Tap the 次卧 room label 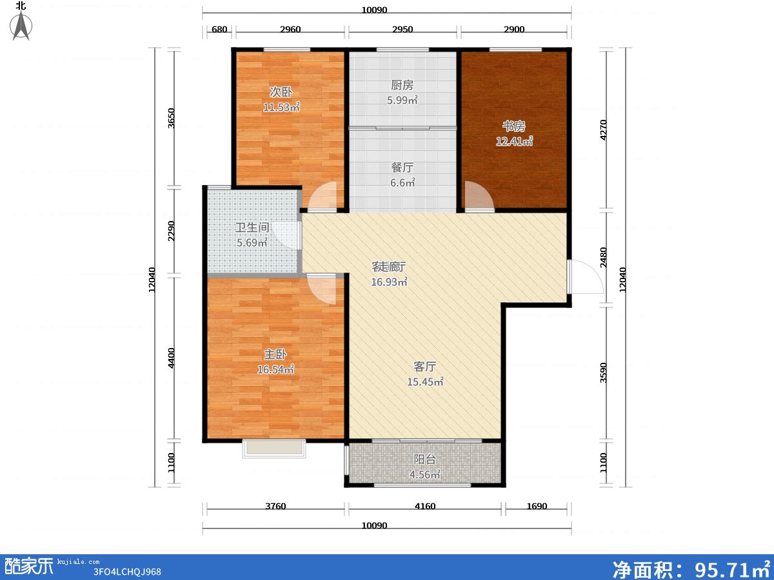click(x=281, y=92)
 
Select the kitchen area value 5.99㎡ click(x=402, y=101)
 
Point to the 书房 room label click(x=514, y=126)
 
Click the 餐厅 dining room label click(x=402, y=168)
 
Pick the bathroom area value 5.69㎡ click(x=252, y=243)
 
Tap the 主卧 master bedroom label click(x=275, y=354)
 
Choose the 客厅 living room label click(x=425, y=367)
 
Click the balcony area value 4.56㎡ click(x=425, y=475)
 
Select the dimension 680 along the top click(x=219, y=29)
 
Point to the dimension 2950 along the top click(x=402, y=29)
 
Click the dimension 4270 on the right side click(x=603, y=130)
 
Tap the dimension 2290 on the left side click(x=171, y=231)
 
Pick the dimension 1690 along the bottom click(x=537, y=506)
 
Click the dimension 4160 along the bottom click(x=425, y=506)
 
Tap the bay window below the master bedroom click(x=274, y=449)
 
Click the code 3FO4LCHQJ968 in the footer click(x=127, y=572)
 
